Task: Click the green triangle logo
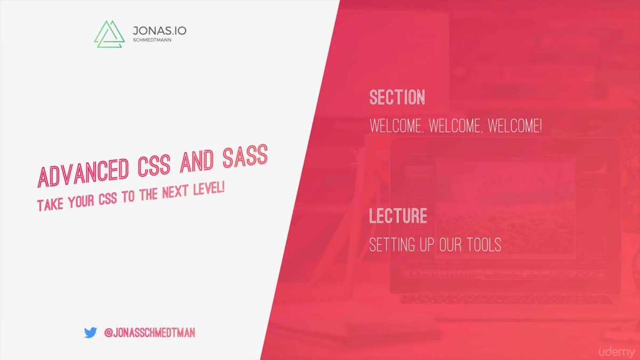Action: tap(109, 34)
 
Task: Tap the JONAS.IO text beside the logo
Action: tap(159, 30)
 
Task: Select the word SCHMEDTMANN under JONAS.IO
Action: tap(152, 40)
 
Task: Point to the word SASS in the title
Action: tap(245, 155)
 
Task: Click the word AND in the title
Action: tap(197, 161)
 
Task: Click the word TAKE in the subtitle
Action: tap(50, 205)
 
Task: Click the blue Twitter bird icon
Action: tap(91, 333)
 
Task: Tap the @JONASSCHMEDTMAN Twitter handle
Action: tap(149, 333)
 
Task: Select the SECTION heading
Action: tap(397, 97)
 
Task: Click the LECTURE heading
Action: tap(398, 215)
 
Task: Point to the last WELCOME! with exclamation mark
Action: tap(515, 126)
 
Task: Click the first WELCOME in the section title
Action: tap(396, 126)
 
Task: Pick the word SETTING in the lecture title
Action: tap(392, 245)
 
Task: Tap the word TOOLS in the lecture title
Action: tap(484, 245)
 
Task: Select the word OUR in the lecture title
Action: tap(450, 245)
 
